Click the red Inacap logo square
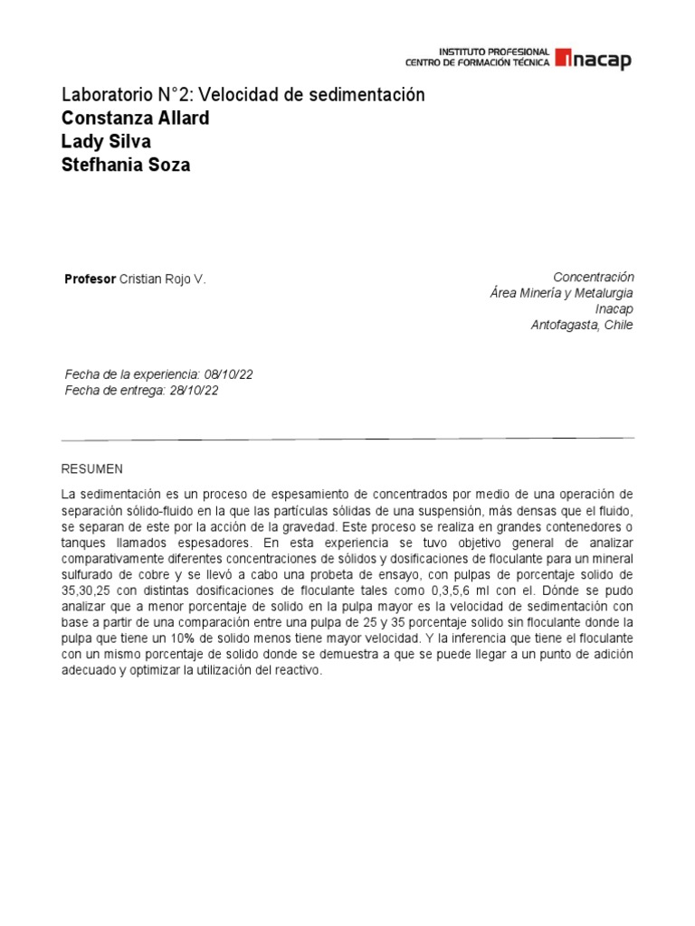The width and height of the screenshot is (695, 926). pos(563,58)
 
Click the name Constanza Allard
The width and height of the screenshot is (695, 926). pos(135,118)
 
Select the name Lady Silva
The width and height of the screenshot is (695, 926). pos(106,142)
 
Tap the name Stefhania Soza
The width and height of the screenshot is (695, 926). pos(126,165)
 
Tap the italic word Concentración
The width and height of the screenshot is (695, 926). pos(593,277)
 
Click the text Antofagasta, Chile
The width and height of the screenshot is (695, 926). pos(582,326)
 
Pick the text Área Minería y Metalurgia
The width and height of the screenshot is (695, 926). pos(561,293)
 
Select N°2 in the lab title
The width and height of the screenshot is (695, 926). pos(173,95)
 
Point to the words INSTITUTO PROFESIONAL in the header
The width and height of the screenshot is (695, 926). pos(494,52)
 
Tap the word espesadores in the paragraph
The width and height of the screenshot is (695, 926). pos(218,543)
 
